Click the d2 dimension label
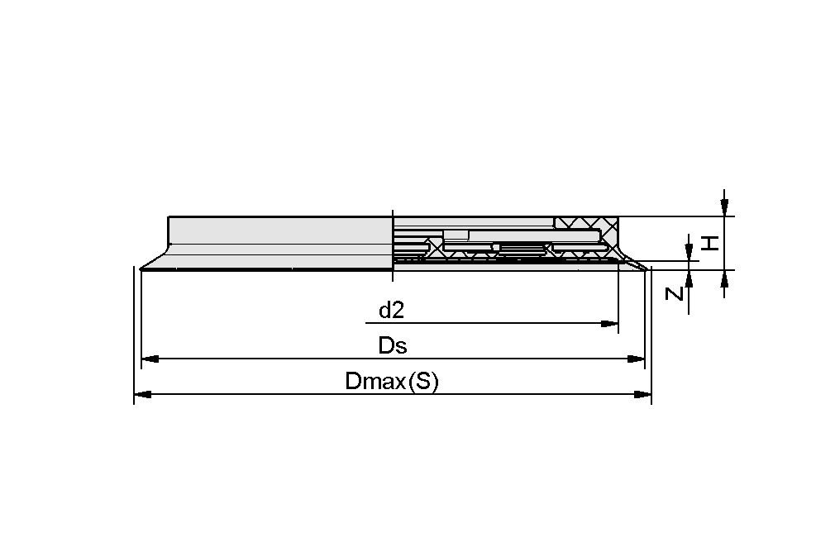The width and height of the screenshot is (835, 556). click(x=391, y=311)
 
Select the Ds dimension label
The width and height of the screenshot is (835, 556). click(x=393, y=345)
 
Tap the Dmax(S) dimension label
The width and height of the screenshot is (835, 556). click(x=392, y=382)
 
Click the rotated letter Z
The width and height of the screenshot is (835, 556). click(x=675, y=292)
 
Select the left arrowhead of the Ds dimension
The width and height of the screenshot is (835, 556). click(x=150, y=359)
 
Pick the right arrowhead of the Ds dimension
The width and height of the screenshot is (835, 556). click(x=636, y=359)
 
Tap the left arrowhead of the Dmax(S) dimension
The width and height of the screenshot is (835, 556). click(x=142, y=395)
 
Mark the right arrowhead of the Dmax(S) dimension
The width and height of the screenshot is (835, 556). click(x=643, y=395)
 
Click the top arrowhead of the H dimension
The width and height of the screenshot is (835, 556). click(x=724, y=207)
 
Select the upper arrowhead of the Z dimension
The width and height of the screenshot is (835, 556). click(x=689, y=252)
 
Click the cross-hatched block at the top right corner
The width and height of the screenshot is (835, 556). click(x=586, y=224)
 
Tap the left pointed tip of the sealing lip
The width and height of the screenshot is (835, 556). click(x=142, y=268)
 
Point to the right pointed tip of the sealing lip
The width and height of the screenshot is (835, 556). click(x=644, y=268)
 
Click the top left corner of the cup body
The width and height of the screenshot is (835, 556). click(x=169, y=217)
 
